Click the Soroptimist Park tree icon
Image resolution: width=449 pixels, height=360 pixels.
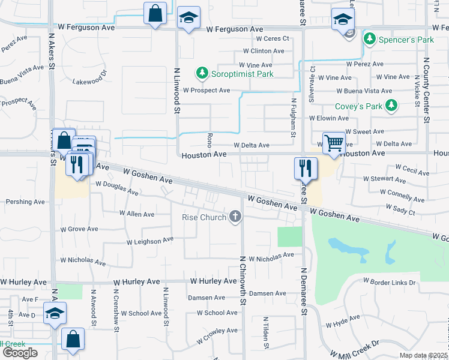(202, 74)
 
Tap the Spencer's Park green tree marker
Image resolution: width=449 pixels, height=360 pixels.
(369, 40)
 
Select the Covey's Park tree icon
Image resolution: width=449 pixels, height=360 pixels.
(391, 106)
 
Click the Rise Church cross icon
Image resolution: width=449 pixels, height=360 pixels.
(235, 217)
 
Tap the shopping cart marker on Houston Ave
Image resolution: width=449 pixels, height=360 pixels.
(334, 143)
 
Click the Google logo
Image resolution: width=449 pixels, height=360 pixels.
(20, 353)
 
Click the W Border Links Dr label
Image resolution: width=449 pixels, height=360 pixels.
(389, 282)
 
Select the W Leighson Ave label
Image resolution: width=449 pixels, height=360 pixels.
(149, 241)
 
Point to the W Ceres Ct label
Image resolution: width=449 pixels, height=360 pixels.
(273, 38)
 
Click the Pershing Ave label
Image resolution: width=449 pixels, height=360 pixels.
(22, 202)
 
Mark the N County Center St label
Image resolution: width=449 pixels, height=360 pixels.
(427, 90)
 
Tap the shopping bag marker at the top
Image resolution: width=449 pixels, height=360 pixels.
(155, 13)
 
